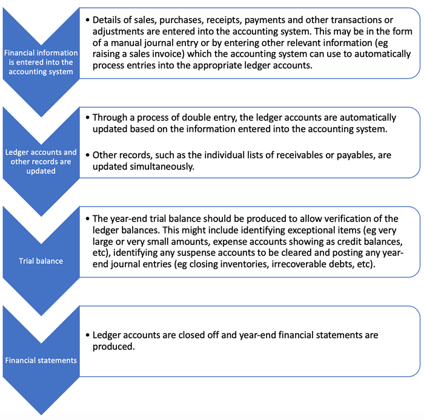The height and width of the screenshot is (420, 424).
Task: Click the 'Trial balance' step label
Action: pyautogui.click(x=41, y=261)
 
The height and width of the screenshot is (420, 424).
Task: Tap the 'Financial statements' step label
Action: pyautogui.click(x=41, y=360)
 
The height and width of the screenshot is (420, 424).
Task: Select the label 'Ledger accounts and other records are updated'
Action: pyautogui.click(x=41, y=162)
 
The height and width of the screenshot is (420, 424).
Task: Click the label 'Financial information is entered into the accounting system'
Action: pyautogui.click(x=41, y=62)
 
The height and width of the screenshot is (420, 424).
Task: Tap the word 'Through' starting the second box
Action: pyautogui.click(x=111, y=117)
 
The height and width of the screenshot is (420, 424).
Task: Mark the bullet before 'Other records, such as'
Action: pyautogui.click(x=88, y=156)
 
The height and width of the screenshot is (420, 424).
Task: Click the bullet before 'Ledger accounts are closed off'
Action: pyautogui.click(x=88, y=335)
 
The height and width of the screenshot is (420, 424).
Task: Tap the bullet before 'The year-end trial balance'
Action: pyautogui.click(x=88, y=218)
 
